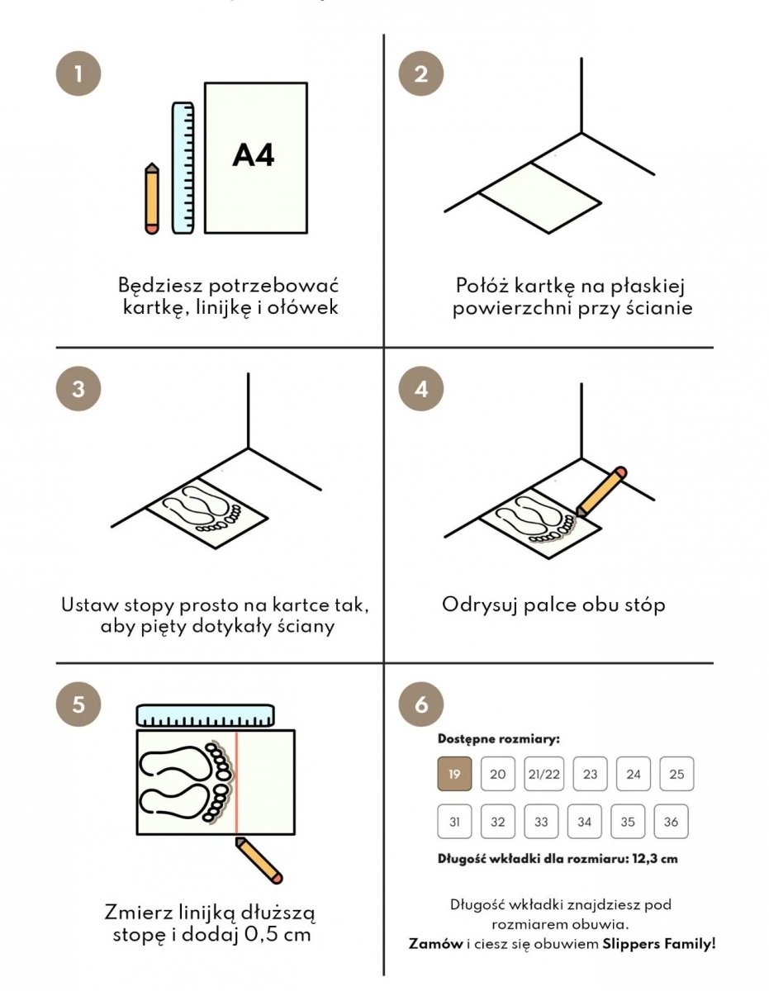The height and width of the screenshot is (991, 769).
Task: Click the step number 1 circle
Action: coord(78,73)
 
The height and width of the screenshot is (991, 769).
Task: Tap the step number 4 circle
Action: coord(421,389)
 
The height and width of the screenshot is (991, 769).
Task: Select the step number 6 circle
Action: coord(421,704)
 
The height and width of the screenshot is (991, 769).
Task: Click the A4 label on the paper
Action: coord(253,155)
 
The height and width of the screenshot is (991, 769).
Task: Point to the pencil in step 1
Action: coord(152,198)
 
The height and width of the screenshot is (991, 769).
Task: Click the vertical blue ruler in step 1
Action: coord(183,168)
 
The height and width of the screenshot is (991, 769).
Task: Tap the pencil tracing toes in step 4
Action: coord(601,491)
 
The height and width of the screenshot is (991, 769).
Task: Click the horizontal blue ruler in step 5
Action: coord(205,715)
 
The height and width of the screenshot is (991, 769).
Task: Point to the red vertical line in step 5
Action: coord(236,783)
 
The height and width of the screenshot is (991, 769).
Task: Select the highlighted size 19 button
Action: coord(454,774)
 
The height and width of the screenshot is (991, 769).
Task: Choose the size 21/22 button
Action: coord(544,774)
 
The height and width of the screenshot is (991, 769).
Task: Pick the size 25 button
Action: coord(676,774)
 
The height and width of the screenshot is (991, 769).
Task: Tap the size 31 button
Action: coord(454,822)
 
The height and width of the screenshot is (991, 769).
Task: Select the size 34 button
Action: coord(584,822)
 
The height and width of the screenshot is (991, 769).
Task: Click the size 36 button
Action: coord(671,822)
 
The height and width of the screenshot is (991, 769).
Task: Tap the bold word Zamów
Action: coord(435,944)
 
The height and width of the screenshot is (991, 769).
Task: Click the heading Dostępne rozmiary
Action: coord(499,739)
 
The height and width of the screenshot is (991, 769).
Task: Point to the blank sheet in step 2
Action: coord(540,198)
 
